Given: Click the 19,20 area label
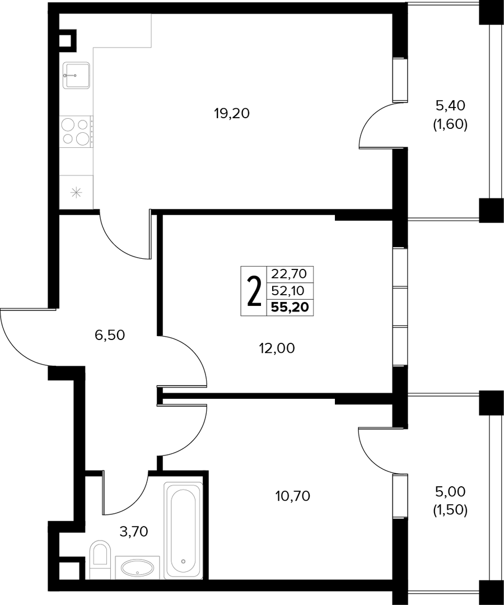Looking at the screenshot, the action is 232,113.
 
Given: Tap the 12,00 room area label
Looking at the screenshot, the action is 277,348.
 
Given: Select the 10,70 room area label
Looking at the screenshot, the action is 293,496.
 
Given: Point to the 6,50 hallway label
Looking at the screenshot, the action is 110,336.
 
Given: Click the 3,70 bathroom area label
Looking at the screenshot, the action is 134,532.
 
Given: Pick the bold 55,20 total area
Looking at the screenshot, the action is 290,307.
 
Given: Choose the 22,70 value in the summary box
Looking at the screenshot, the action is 289,273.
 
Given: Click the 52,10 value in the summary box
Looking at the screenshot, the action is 288,290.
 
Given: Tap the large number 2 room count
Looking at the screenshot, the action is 253,291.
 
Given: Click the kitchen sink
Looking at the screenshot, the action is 76,75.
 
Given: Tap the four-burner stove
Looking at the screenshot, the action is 76,132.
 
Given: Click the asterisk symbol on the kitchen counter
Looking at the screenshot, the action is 76,192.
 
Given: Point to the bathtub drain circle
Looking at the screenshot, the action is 183,561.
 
